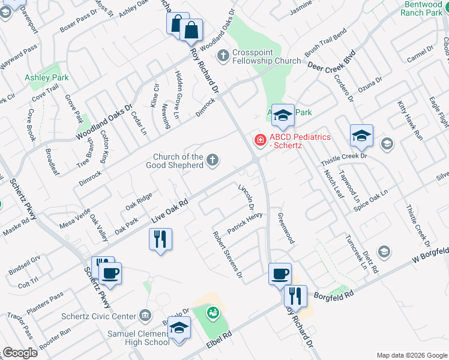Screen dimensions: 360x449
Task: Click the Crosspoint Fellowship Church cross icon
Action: [223, 56]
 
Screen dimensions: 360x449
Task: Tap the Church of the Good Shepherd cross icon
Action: [212, 160]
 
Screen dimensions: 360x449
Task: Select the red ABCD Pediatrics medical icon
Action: [261, 140]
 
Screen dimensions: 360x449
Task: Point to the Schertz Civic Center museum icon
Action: [145, 316]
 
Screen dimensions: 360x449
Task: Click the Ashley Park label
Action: [46, 77]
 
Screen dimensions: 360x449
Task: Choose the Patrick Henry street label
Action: [245, 223]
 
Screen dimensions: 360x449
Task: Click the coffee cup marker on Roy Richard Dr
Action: [280, 274]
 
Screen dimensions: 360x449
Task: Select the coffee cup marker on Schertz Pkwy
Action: [110, 273]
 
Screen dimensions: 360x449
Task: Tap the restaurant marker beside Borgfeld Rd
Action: [295, 296]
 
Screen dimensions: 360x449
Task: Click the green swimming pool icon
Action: [211, 313]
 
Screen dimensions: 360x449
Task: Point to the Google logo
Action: [20, 353]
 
